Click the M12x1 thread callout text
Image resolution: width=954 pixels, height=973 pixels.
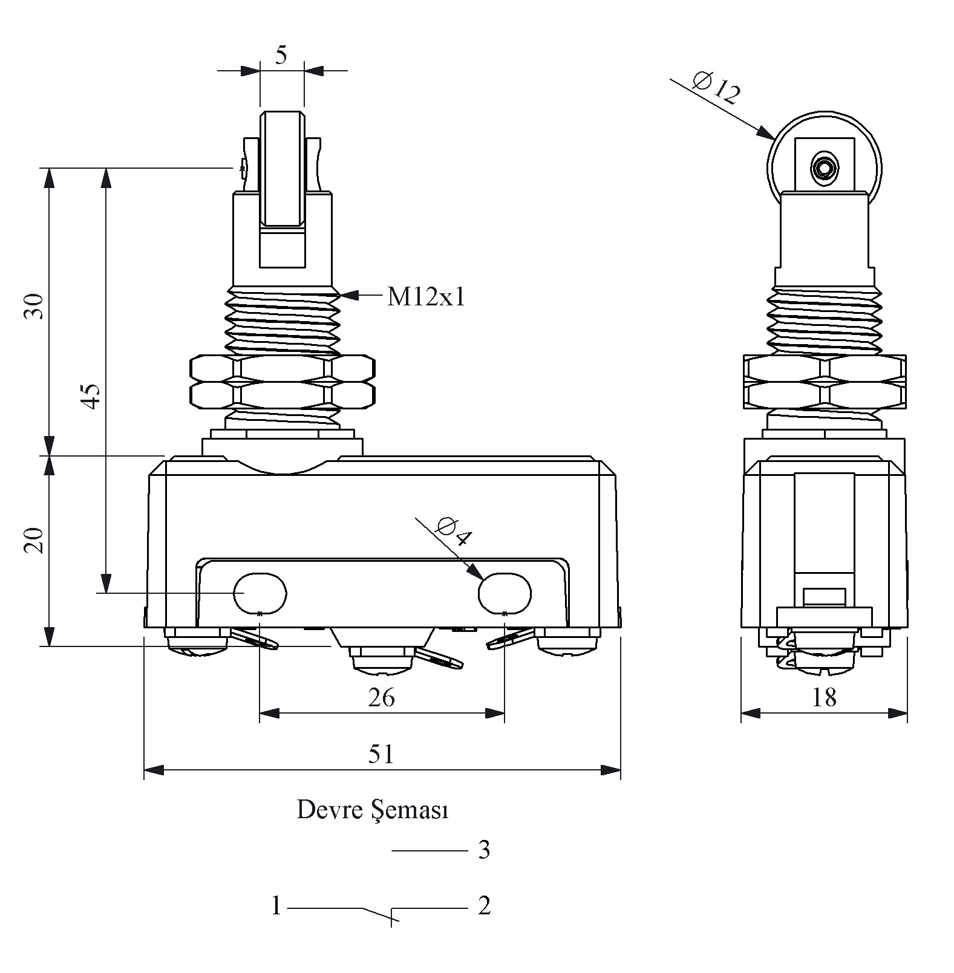(426, 297)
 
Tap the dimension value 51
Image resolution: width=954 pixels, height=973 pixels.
(381, 754)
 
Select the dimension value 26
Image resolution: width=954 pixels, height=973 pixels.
(381, 698)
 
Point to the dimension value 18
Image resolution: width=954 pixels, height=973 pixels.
(824, 698)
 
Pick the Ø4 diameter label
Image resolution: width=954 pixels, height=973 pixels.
(452, 532)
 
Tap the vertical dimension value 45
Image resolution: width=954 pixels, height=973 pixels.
(91, 396)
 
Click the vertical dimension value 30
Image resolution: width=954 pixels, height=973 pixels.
(34, 306)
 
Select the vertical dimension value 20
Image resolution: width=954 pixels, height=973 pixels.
(34, 540)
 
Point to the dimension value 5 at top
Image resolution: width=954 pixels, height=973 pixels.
(281, 55)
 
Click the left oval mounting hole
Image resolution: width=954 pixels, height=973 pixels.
(260, 593)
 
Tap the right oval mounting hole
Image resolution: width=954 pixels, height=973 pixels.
(505, 593)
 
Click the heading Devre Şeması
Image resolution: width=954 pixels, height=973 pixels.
(372, 810)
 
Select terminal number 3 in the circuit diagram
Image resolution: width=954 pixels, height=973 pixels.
(484, 850)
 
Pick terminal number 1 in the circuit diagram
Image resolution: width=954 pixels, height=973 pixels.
(276, 906)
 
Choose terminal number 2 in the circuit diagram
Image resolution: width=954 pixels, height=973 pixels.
(484, 906)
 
